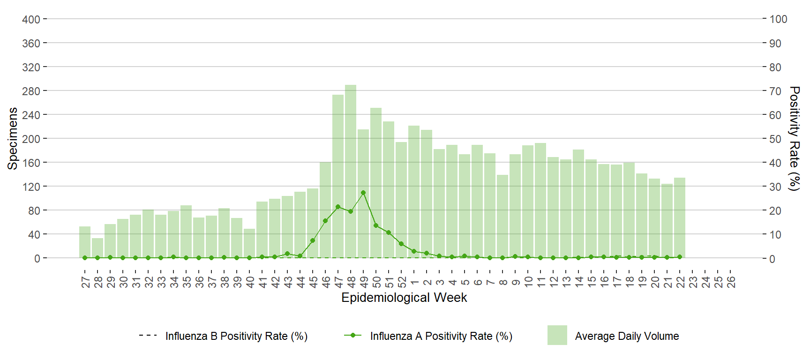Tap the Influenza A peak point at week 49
[363, 193]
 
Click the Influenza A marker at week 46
[325, 221]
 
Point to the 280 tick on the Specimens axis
[31, 91]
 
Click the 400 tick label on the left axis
[31, 19]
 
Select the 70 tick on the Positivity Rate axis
[775, 91]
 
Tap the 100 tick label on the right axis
[778, 19]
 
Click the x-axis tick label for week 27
[85, 282]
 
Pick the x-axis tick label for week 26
[731, 282]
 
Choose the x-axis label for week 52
[402, 282]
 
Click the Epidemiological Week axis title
[404, 298]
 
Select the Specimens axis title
[13, 138]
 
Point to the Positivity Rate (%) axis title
[794, 138]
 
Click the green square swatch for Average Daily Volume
[557, 335]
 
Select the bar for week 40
[249, 243]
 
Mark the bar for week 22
[680, 217]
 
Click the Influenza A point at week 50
[376, 225]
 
